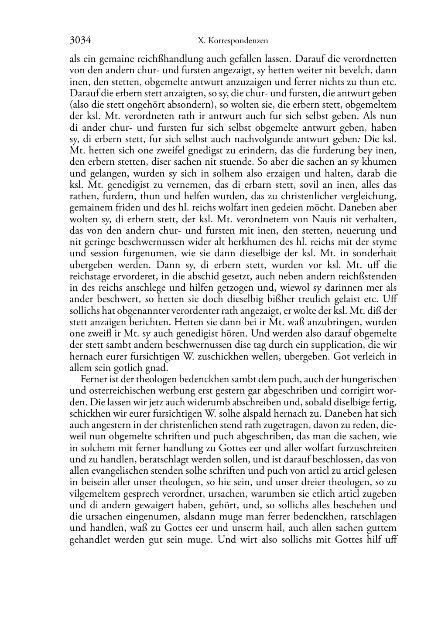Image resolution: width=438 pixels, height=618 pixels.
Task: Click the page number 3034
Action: pos(80,41)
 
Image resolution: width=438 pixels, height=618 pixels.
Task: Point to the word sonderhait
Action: pos(374,253)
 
